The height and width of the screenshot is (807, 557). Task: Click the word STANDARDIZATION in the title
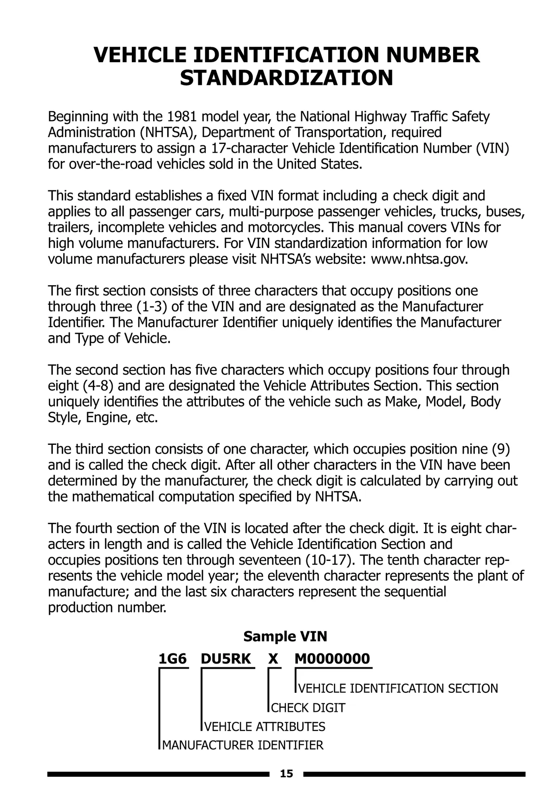[x=286, y=78]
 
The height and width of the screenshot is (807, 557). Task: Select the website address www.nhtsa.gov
[x=419, y=259]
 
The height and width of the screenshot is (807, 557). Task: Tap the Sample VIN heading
[x=285, y=636]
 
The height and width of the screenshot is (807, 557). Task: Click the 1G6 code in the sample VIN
[x=173, y=659]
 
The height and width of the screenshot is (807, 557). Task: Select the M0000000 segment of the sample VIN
[x=332, y=659]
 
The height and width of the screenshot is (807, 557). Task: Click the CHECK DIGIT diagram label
[x=308, y=708]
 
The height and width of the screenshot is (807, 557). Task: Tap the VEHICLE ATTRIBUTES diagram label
[x=265, y=727]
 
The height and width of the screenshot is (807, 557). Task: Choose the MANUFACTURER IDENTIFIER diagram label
[x=243, y=746]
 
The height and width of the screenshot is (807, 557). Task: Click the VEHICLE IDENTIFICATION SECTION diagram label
[x=398, y=689]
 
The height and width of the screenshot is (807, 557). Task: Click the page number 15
[x=287, y=774]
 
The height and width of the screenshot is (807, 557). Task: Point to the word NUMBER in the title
[x=433, y=55]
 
